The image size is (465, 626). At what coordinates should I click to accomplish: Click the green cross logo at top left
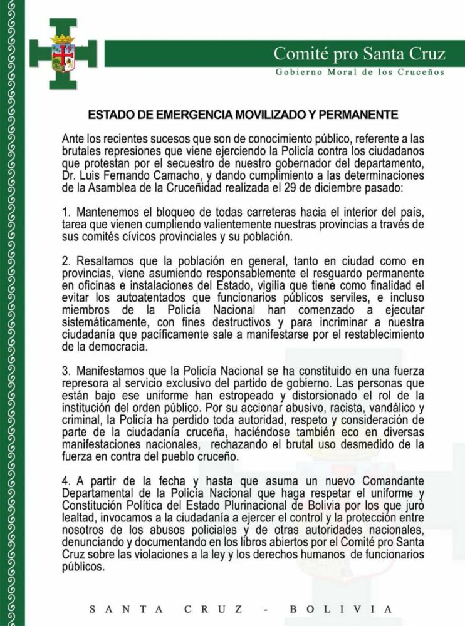click(x=63, y=54)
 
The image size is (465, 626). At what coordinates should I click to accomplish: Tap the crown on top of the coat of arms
click(x=63, y=39)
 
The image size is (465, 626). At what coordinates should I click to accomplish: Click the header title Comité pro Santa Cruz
click(x=359, y=54)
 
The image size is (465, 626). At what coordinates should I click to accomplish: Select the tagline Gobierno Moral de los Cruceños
click(x=360, y=72)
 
